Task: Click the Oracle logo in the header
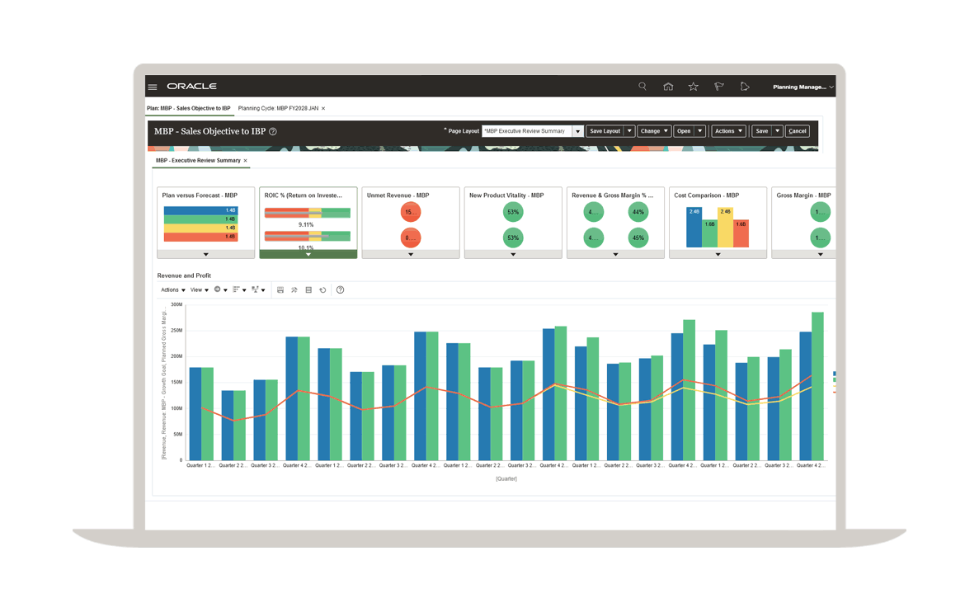(191, 87)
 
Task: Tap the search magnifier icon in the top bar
(642, 87)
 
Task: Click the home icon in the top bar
(668, 87)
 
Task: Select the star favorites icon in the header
(694, 87)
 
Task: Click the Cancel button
(798, 131)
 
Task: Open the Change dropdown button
(654, 131)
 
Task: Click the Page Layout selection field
(527, 131)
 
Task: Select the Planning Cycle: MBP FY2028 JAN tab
(278, 108)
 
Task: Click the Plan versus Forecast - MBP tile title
(200, 195)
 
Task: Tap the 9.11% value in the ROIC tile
(306, 224)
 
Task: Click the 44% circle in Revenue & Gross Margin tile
(638, 212)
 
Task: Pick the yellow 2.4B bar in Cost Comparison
(725, 227)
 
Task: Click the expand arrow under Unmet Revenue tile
(411, 255)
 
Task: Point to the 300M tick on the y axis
(176, 304)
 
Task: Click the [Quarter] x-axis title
(506, 478)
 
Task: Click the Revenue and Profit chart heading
(184, 275)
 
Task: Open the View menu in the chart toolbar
(198, 290)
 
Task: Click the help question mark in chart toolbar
(340, 290)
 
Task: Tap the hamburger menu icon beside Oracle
(153, 87)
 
